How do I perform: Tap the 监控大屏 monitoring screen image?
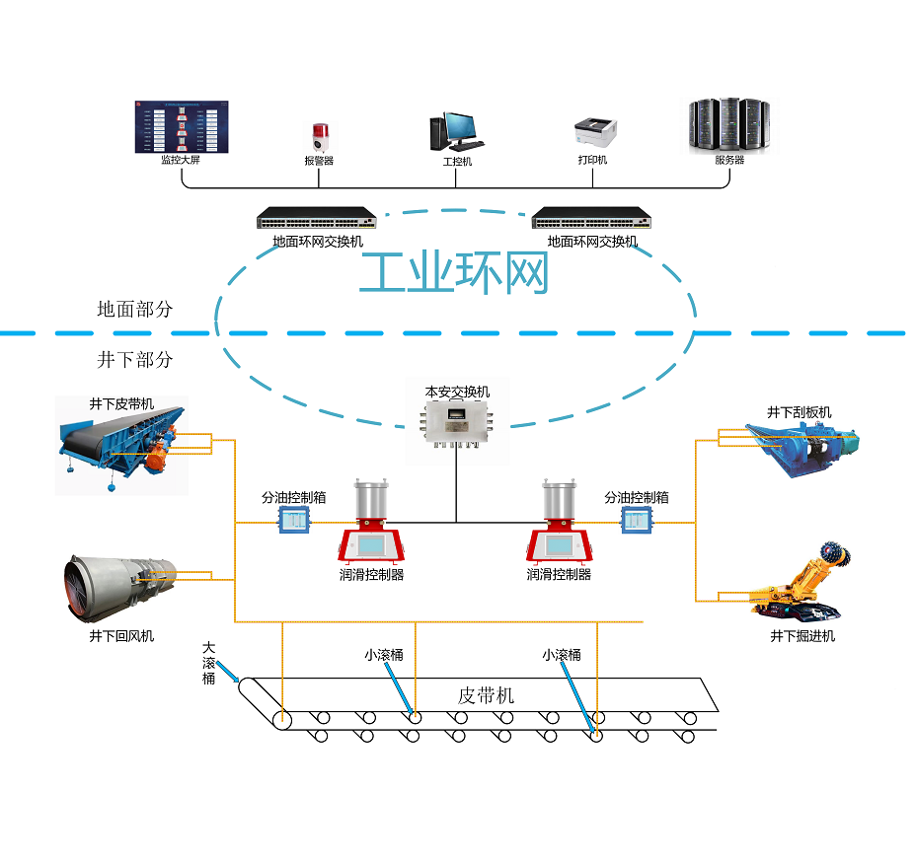[181, 126]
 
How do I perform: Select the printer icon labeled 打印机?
[594, 132]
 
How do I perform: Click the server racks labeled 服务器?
[728, 124]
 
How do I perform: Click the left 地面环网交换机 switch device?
[317, 218]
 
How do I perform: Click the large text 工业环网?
[453, 273]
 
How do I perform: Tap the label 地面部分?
[134, 309]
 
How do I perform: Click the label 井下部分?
[134, 359]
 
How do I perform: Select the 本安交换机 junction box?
[457, 426]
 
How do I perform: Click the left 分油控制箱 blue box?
[293, 519]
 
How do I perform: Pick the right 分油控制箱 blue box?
[635, 519]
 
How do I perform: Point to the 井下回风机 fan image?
[119, 588]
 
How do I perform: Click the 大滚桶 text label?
[208, 663]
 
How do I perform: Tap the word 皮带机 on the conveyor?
[486, 695]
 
